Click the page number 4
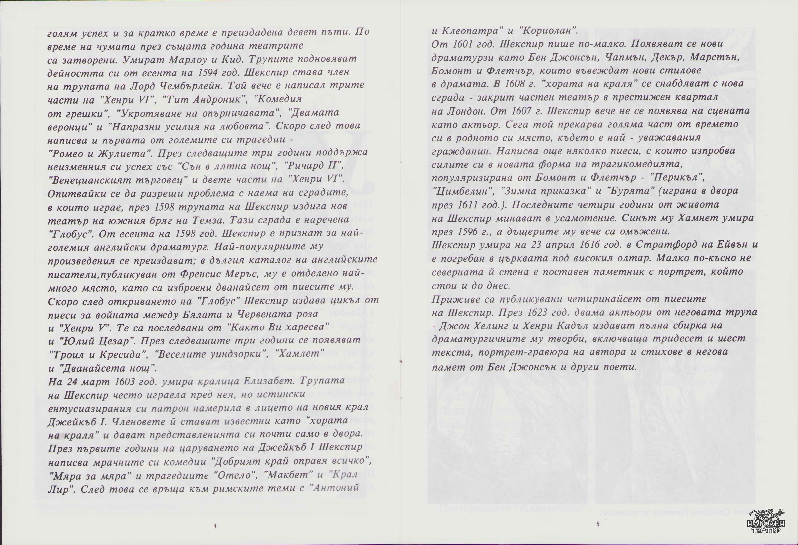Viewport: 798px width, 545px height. tap(215, 526)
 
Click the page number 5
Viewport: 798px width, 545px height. tap(598, 524)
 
